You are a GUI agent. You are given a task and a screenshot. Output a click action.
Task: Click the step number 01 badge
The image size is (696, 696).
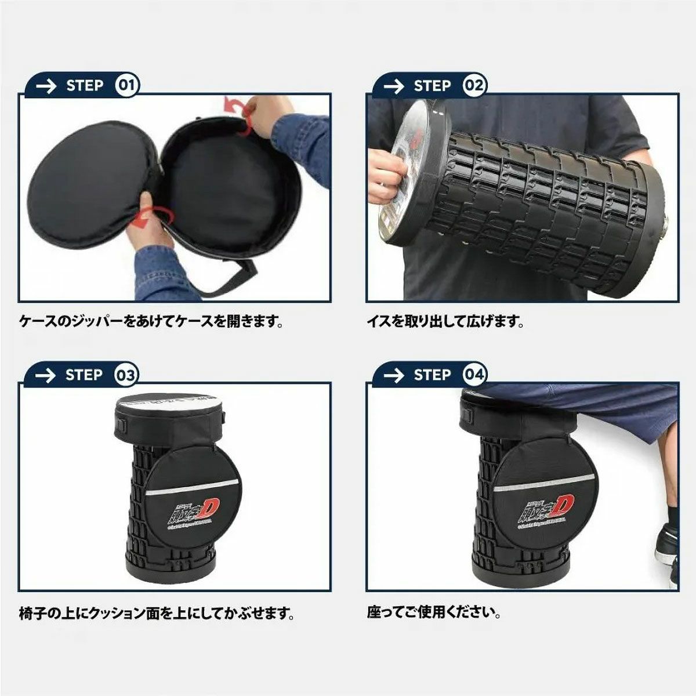click(x=126, y=86)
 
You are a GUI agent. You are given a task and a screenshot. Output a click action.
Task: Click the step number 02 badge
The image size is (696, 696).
click(x=474, y=86)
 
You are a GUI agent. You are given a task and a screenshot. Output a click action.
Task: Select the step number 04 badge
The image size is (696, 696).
click(x=474, y=375)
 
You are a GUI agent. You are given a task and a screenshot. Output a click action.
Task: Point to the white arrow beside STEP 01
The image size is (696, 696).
click(x=46, y=86)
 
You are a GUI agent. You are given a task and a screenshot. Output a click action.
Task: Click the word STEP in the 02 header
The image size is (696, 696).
click(x=432, y=86)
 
